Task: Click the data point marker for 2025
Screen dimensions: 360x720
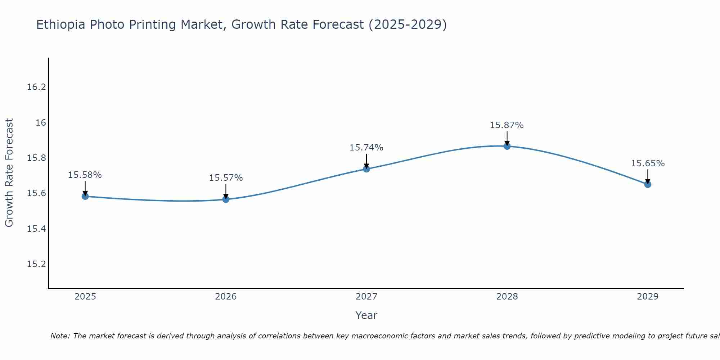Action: [85, 196]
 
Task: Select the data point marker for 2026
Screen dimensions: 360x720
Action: [226, 199]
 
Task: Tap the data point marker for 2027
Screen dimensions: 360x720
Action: [366, 169]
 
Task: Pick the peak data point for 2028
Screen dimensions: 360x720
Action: [507, 146]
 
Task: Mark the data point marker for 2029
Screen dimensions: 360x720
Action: [648, 184]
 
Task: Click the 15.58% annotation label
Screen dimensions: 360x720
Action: [85, 175]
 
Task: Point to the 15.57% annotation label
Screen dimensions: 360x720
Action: [226, 178]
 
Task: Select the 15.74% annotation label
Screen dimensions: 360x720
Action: [366, 148]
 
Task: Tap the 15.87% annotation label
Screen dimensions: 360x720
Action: [507, 125]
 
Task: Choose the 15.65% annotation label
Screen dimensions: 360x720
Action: [648, 163]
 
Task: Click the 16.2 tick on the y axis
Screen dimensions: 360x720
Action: [37, 87]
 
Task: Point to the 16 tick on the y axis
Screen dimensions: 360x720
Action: [41, 123]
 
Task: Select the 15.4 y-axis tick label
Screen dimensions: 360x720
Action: [37, 229]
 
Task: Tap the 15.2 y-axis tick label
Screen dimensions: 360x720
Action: [37, 264]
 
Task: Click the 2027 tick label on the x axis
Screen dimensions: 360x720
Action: [366, 297]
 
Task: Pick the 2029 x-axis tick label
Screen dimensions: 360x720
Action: [648, 297]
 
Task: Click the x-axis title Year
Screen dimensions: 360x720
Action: [366, 315]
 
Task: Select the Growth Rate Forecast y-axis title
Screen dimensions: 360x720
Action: [9, 173]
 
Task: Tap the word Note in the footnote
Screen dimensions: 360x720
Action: [59, 336]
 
